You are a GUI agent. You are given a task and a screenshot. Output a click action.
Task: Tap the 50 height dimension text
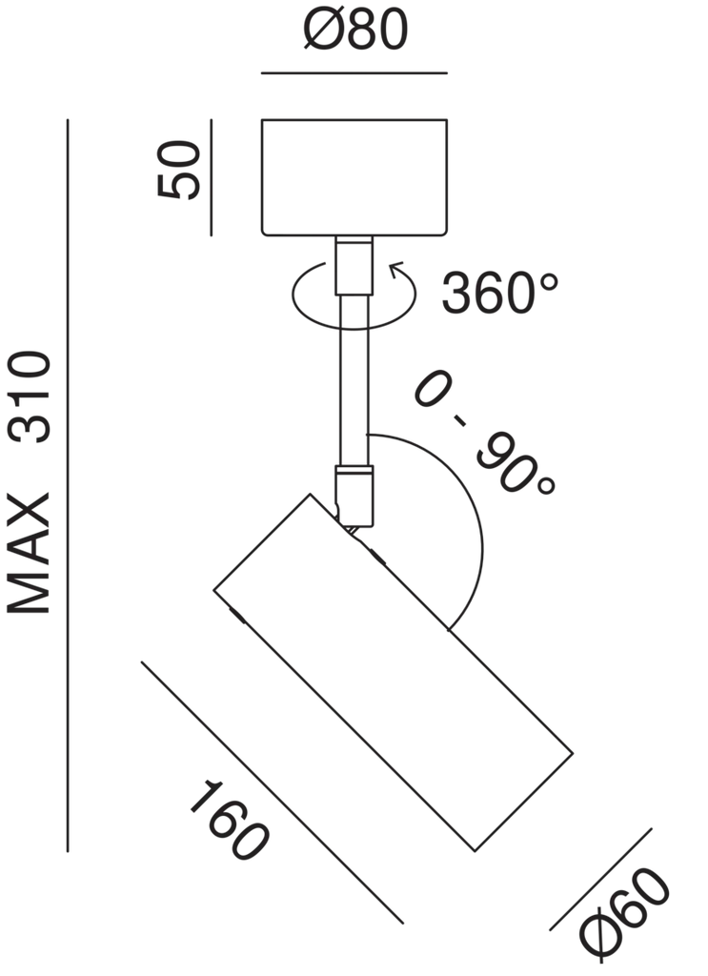coord(181,172)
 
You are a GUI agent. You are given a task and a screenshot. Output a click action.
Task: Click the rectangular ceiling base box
coord(354,176)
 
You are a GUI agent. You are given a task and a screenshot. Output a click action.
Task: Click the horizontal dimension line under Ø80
coord(354,72)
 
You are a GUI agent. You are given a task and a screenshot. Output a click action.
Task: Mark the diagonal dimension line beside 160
coord(272,792)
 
